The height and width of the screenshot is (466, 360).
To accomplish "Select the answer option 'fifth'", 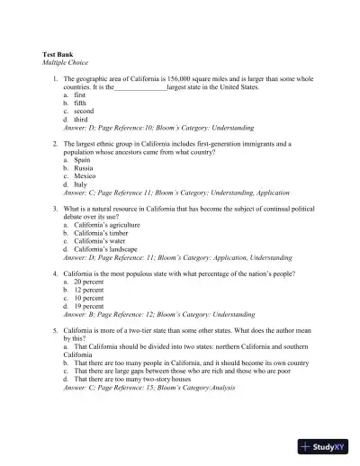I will coord(79,103).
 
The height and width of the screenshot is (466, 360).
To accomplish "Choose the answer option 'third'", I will coord(80,120).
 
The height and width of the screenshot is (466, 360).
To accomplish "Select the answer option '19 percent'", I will coord(88,306).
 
